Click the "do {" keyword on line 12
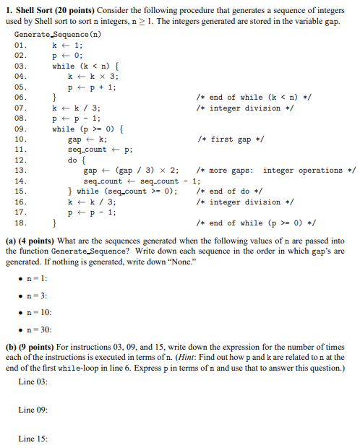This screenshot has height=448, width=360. click(76, 160)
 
